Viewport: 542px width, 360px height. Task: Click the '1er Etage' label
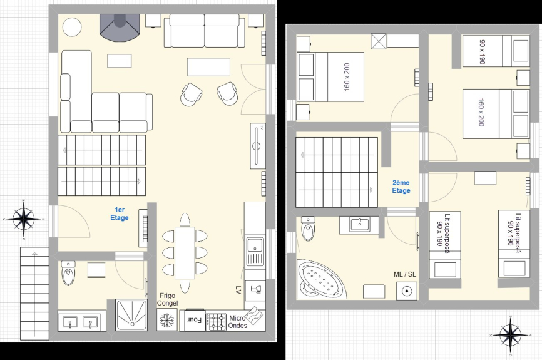(x=120, y=213)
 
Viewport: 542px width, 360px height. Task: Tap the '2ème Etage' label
(x=401, y=187)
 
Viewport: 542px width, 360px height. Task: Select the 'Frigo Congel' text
(x=167, y=299)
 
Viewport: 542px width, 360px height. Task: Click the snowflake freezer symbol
(x=167, y=320)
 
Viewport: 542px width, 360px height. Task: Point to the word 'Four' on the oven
(x=194, y=319)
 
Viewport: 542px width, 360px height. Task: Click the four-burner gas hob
(x=216, y=322)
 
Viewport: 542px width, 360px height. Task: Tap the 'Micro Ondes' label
(x=237, y=322)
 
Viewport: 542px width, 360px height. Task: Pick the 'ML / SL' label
(x=405, y=274)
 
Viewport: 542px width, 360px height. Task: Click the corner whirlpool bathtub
(x=322, y=279)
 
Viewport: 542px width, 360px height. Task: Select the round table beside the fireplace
(x=72, y=27)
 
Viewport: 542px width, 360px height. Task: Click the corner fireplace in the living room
(x=120, y=28)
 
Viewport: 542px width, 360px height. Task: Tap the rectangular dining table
(x=185, y=252)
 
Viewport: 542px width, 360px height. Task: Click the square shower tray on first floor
(x=131, y=315)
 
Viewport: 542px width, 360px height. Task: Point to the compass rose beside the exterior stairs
(x=24, y=219)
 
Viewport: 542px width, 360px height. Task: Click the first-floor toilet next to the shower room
(x=68, y=273)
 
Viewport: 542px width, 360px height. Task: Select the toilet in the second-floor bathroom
(x=308, y=229)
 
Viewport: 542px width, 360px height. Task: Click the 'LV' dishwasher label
(x=238, y=290)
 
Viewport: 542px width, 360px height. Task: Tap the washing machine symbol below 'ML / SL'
(x=407, y=291)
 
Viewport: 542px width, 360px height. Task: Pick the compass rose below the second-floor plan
(x=511, y=335)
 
